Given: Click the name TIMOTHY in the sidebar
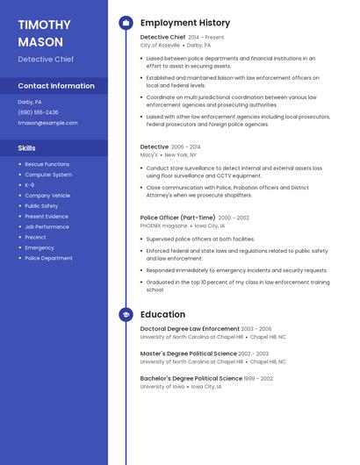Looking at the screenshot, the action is tap(44, 25).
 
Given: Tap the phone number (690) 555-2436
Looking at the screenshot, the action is tap(38, 112).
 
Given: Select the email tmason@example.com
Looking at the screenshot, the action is tap(47, 123).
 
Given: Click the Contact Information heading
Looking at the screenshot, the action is tap(56, 86).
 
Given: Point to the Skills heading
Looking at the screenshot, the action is tap(26, 148).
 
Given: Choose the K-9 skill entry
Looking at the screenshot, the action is tap(30, 185).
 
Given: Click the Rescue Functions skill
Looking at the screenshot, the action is tap(47, 164).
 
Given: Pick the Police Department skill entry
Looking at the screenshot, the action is tap(48, 258).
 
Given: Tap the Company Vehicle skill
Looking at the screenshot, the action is tap(47, 196).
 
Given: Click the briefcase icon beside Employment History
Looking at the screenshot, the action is tap(126, 23).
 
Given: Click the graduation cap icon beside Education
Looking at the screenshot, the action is tap(126, 314).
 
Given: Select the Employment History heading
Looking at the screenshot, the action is tap(185, 23).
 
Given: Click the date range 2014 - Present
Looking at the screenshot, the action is tap(206, 38).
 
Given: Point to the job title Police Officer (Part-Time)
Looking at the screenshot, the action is tap(177, 218).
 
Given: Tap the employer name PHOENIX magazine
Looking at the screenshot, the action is tap(163, 225).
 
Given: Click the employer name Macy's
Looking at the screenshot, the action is tap(149, 154).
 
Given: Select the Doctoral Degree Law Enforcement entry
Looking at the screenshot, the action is tap(190, 329).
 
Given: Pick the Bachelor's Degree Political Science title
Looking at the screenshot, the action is tap(191, 378).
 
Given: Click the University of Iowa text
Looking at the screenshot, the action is tap(162, 386).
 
